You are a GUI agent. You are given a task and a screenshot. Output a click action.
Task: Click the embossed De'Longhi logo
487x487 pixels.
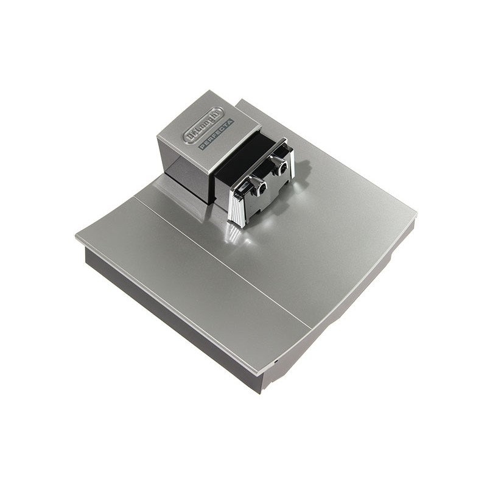(203, 125)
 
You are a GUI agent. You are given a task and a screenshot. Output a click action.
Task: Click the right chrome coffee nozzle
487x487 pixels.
(281, 164)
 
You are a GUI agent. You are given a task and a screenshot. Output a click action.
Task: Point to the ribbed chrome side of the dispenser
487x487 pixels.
(237, 205)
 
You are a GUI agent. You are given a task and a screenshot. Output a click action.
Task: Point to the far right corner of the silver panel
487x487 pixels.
(416, 214)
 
